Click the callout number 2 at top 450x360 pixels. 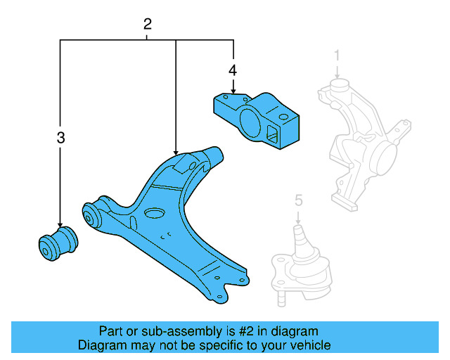tap(147, 25)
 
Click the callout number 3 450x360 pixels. tap(60, 138)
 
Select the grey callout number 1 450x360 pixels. tap(337, 54)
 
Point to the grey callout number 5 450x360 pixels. tap(298, 201)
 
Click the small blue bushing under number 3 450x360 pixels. tap(58, 243)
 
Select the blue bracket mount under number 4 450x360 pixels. tap(257, 120)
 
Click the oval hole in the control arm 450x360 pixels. tap(154, 214)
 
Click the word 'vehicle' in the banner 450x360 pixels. tap(311, 345)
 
